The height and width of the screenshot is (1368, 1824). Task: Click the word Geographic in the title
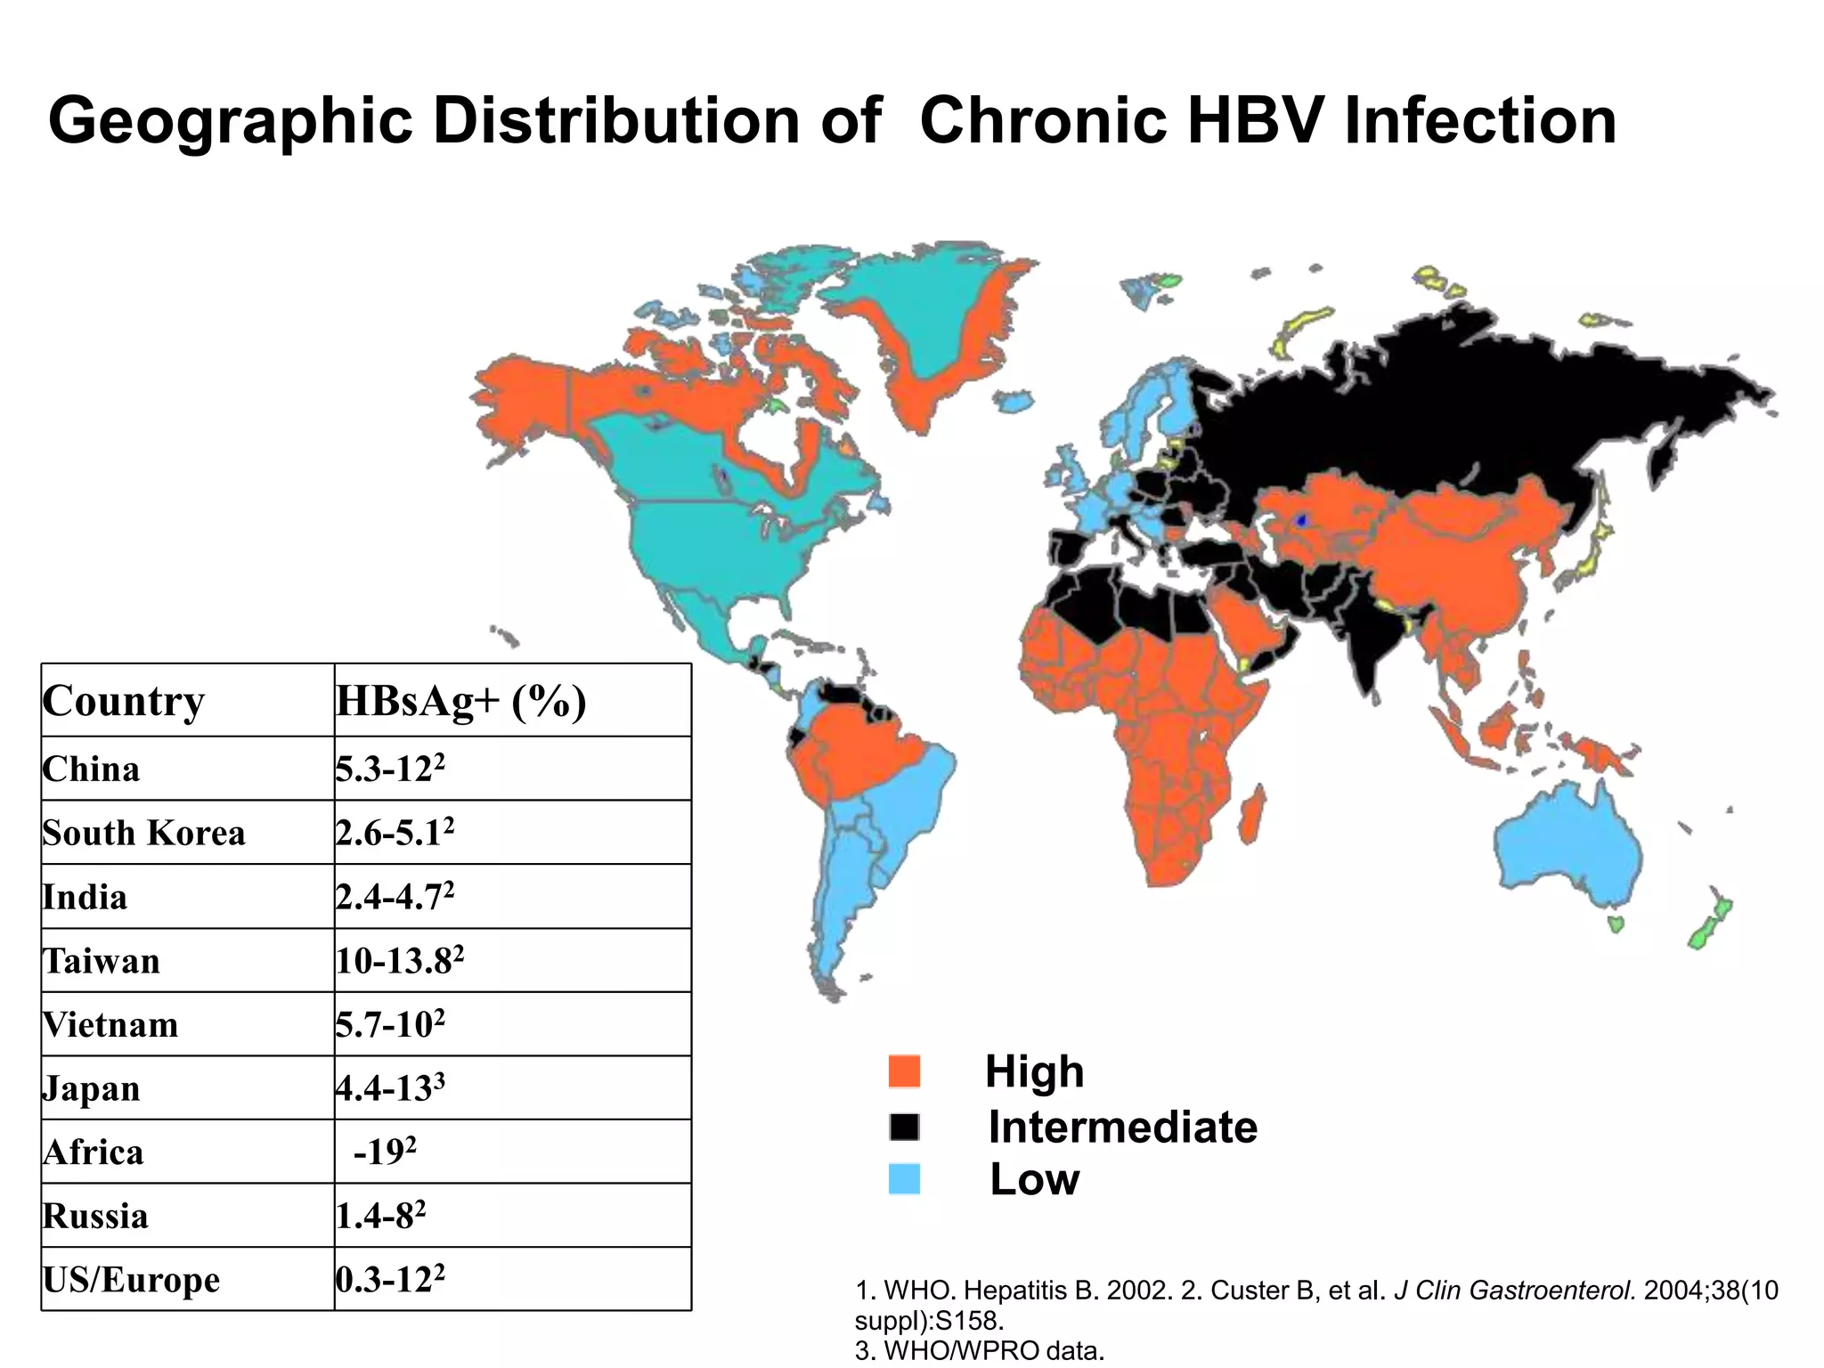230,122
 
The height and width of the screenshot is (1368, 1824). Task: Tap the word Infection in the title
1479,122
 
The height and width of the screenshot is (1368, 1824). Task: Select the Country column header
124,701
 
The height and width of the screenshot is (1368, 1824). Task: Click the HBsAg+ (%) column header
460,701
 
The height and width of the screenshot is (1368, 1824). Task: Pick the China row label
91,769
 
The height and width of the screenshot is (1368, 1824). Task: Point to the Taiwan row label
101,961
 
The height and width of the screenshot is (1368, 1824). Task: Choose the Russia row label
95,1216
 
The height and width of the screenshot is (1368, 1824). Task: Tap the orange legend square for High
904,1071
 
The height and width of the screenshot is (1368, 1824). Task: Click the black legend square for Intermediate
904,1128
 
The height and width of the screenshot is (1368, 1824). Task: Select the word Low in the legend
1034,1179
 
